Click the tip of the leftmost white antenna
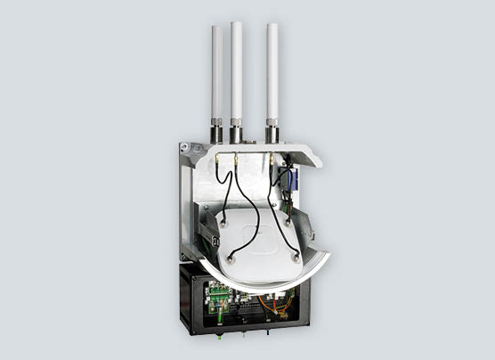pyautogui.click(x=216, y=28)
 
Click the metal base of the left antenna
pyautogui.click(x=216, y=134)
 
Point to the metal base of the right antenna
pyautogui.click(x=272, y=135)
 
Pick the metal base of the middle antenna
pyautogui.click(x=237, y=134)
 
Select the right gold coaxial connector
pyautogui.click(x=271, y=161)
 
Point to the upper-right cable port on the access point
pyautogui.click(x=288, y=215)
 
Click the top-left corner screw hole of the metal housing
pyautogui.click(x=185, y=147)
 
